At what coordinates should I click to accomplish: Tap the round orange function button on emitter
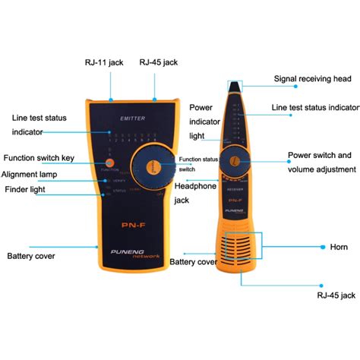click(110, 163)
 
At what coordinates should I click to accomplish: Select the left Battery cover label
click(31, 257)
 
